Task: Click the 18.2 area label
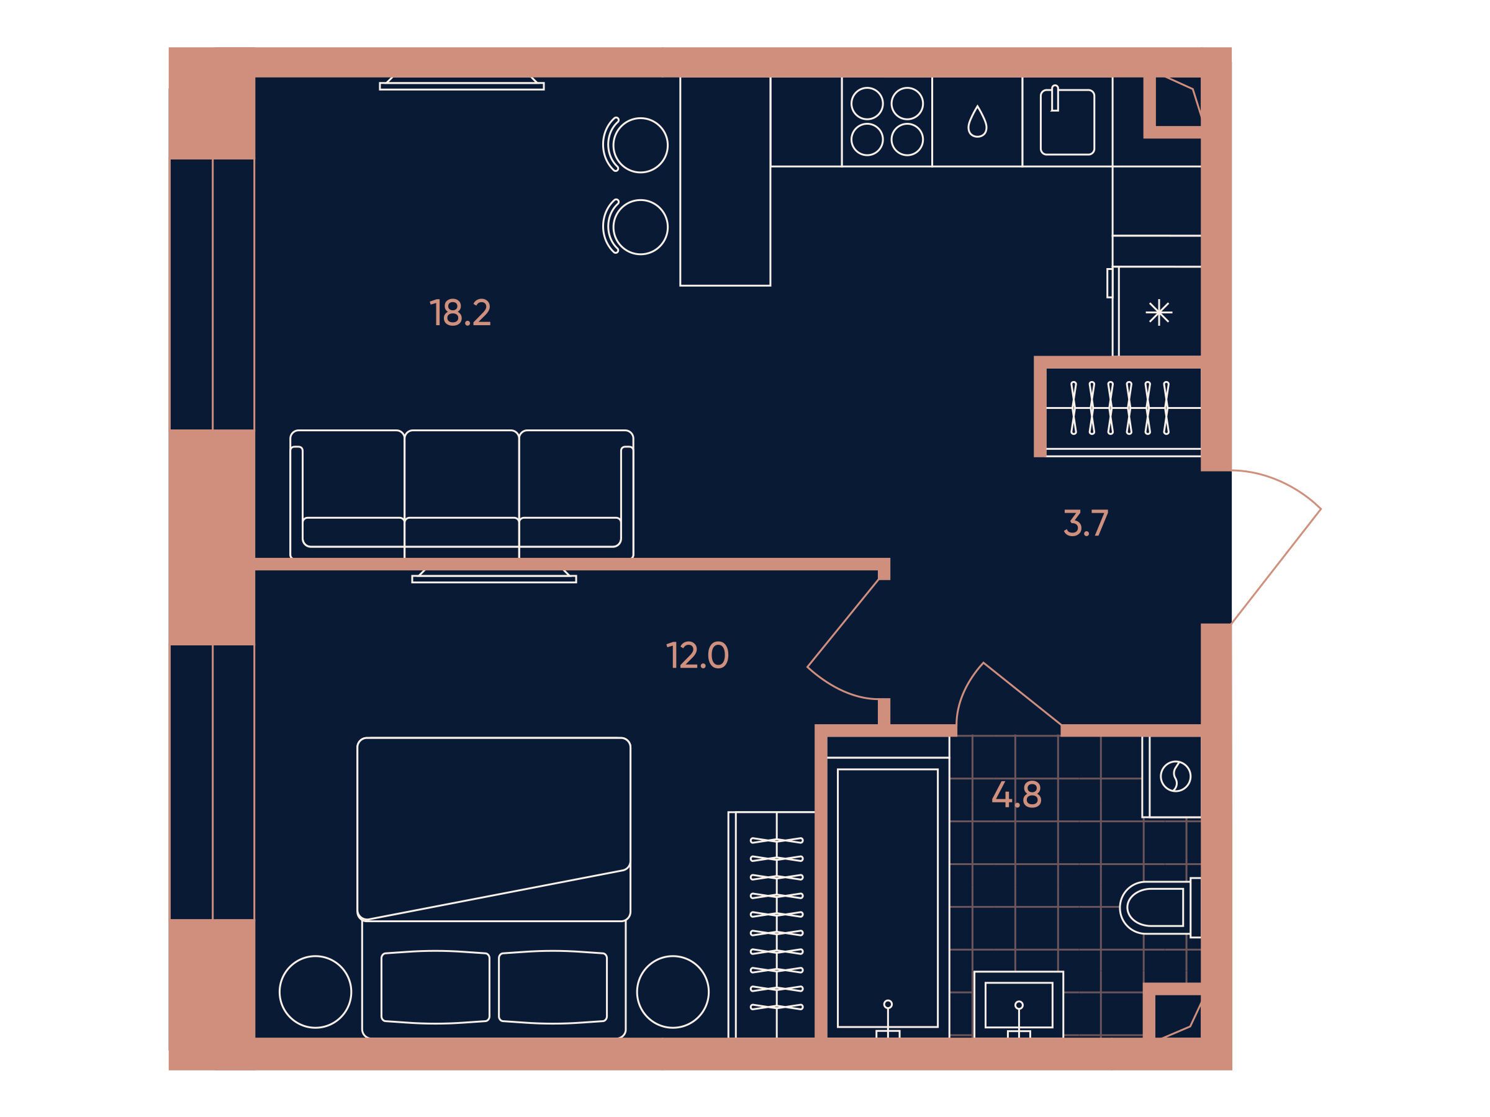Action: click(x=460, y=313)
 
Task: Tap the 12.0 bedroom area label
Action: click(x=697, y=655)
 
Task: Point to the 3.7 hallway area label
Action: click(x=1085, y=523)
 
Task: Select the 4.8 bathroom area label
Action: click(x=1016, y=795)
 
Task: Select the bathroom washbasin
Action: click(x=1019, y=1004)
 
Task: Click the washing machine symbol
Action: click(x=1175, y=776)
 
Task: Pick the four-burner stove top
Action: click(x=887, y=122)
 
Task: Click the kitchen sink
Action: click(x=1067, y=122)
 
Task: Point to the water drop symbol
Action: click(x=977, y=122)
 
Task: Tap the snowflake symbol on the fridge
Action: click(x=1158, y=313)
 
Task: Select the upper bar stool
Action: click(x=635, y=145)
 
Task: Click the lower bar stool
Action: click(x=635, y=227)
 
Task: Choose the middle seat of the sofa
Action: click(x=461, y=493)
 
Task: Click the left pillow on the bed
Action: click(x=435, y=987)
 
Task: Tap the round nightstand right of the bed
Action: click(x=673, y=992)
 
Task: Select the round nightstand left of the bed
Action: click(x=315, y=992)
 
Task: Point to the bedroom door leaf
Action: click(x=843, y=623)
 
